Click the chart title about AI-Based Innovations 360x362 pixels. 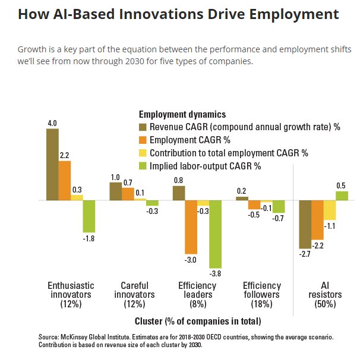178,14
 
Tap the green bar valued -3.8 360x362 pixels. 215,234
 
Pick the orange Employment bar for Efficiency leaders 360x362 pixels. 191,227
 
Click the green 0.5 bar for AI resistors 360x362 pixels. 342,196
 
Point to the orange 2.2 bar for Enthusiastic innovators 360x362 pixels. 65,181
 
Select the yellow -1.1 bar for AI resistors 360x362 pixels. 330,210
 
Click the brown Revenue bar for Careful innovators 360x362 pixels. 116,191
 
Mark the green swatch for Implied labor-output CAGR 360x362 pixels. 143,166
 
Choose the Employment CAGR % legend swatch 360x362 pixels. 143,140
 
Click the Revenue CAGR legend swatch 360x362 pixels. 143,127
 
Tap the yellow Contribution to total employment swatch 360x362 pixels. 143,153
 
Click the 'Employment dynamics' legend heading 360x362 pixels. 182,114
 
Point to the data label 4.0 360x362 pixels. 52,123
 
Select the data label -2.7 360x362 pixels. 305,254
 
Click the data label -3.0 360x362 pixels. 191,260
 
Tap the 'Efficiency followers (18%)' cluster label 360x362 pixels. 262,294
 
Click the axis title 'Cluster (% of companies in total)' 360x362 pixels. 198,322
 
